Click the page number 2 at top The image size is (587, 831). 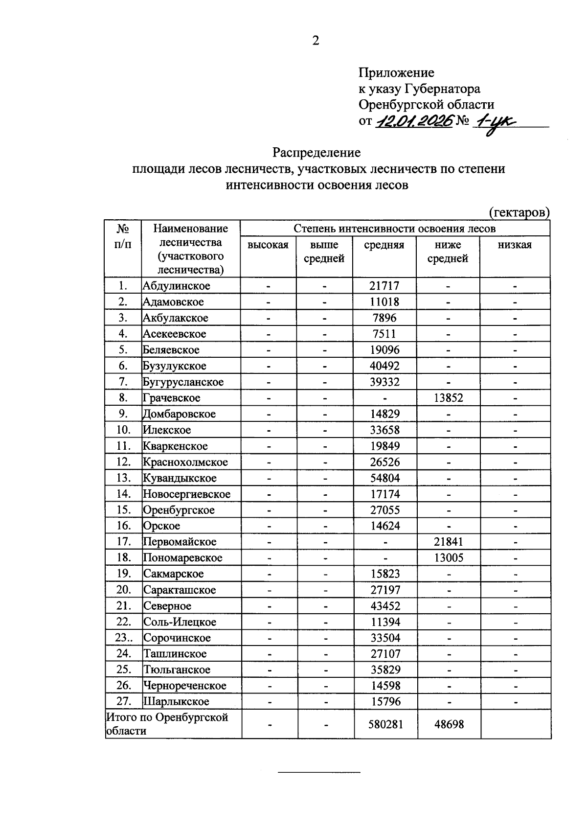tap(316, 41)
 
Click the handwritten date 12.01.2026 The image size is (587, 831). tap(413, 120)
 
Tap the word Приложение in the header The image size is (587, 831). tap(396, 73)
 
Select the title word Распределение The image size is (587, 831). tap(316, 153)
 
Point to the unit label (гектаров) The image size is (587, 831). tap(519, 212)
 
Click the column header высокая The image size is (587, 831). tap(268, 245)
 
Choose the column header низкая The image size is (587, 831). tap(515, 245)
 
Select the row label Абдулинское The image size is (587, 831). tap(177, 286)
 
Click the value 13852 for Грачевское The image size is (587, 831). tap(448, 398)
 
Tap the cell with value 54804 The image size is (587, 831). tap(385, 478)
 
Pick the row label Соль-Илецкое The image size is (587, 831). tap(180, 622)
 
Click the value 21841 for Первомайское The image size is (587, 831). tap(448, 542)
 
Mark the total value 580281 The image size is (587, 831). tap(385, 724)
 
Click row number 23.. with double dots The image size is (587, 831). tap(122, 638)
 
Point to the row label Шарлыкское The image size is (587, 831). tap(176, 701)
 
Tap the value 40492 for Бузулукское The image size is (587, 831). tap(384, 366)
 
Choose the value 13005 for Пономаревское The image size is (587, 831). tap(449, 558)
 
